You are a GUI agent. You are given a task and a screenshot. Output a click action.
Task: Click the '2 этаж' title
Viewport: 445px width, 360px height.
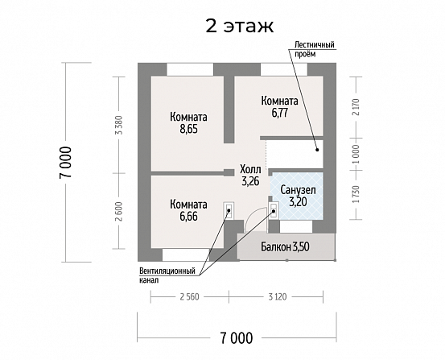pos(239,26)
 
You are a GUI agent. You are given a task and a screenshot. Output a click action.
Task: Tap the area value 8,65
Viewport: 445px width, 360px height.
pos(188,129)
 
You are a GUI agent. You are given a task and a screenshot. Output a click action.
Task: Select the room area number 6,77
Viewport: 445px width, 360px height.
pos(280,113)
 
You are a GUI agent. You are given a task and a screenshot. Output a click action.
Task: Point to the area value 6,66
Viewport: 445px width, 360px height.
pos(188,217)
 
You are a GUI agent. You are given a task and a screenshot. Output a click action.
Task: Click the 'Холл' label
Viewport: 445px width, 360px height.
pos(250,169)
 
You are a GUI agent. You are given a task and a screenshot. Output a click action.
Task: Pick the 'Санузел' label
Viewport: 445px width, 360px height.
pos(298,190)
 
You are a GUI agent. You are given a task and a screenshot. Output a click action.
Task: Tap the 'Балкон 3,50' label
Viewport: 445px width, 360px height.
pos(285,247)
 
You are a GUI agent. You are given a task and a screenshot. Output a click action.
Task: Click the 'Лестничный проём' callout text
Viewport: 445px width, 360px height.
pos(314,49)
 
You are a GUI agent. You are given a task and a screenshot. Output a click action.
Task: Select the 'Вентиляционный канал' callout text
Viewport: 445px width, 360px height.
pos(167,275)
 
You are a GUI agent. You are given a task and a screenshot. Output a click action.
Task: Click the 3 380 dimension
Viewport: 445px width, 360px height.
pos(120,125)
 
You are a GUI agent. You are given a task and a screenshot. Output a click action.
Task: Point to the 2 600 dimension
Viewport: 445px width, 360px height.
pos(120,211)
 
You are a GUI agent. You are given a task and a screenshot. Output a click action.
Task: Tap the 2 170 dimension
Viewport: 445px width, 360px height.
pos(356,107)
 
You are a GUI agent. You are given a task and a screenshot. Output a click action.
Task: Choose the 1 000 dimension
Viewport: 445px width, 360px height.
pos(356,154)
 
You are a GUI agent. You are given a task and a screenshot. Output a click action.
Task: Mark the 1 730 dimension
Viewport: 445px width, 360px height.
pos(356,194)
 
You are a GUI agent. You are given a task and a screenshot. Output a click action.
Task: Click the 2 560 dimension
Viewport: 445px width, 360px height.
pos(190,297)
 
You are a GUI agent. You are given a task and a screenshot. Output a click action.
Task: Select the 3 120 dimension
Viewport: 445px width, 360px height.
pos(278,297)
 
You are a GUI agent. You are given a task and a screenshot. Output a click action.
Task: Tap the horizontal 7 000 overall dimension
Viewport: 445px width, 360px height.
pos(236,338)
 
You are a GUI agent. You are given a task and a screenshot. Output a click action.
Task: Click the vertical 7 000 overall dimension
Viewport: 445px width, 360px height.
pos(65,162)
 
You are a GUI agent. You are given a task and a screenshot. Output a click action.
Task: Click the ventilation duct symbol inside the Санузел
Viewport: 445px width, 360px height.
pos(274,211)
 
